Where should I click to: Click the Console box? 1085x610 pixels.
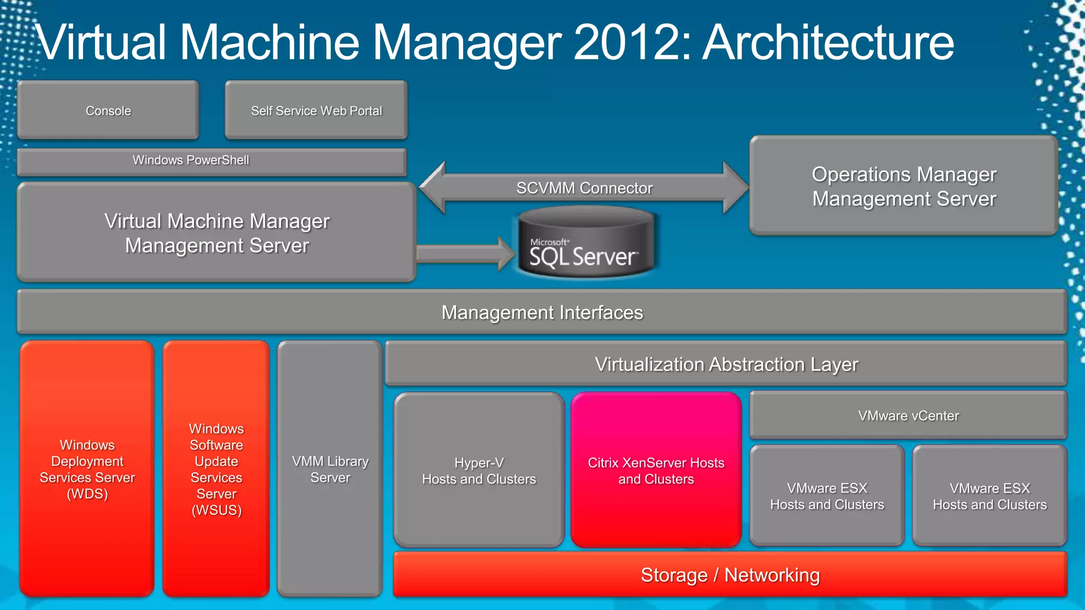(x=108, y=110)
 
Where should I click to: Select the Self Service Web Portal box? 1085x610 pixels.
(x=316, y=110)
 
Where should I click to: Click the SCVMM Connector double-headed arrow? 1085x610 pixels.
(x=584, y=188)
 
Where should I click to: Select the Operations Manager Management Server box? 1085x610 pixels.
(x=904, y=186)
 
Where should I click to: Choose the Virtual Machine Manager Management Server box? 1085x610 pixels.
(x=217, y=232)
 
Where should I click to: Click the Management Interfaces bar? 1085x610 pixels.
(x=542, y=312)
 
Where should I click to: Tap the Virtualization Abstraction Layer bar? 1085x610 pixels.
(x=726, y=364)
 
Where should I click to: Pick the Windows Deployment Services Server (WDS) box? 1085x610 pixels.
(x=87, y=469)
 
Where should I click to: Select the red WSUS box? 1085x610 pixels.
(x=216, y=469)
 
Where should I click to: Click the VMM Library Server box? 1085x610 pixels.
(x=330, y=469)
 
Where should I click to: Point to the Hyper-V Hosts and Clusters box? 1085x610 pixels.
(x=479, y=470)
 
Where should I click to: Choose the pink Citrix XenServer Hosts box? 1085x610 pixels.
(x=656, y=470)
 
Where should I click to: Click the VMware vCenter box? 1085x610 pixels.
(x=908, y=416)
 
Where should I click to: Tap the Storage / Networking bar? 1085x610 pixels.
(x=730, y=575)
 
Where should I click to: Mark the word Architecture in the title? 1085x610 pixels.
(x=829, y=42)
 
